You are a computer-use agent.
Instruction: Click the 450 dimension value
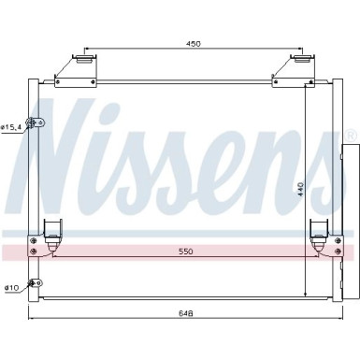pyautogui.click(x=193, y=43)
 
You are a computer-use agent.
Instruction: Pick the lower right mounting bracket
pyautogui.click(x=316, y=237)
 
